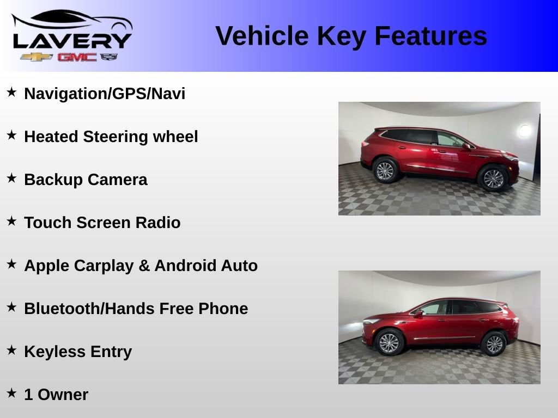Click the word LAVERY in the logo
click(72, 40)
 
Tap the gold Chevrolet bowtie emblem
click(37, 57)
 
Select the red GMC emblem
click(77, 57)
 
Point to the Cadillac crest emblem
click(109, 57)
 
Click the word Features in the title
click(430, 36)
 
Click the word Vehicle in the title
click(262, 36)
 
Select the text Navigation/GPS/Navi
click(105, 94)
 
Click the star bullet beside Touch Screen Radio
click(11, 221)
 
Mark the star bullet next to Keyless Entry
click(11, 350)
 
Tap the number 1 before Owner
click(28, 395)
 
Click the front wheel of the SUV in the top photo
click(494, 179)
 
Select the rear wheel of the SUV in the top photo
click(385, 171)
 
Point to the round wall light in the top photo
click(524, 131)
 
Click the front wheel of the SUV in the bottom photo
click(389, 342)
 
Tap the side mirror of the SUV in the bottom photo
click(418, 313)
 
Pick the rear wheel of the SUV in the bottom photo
click(494, 343)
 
